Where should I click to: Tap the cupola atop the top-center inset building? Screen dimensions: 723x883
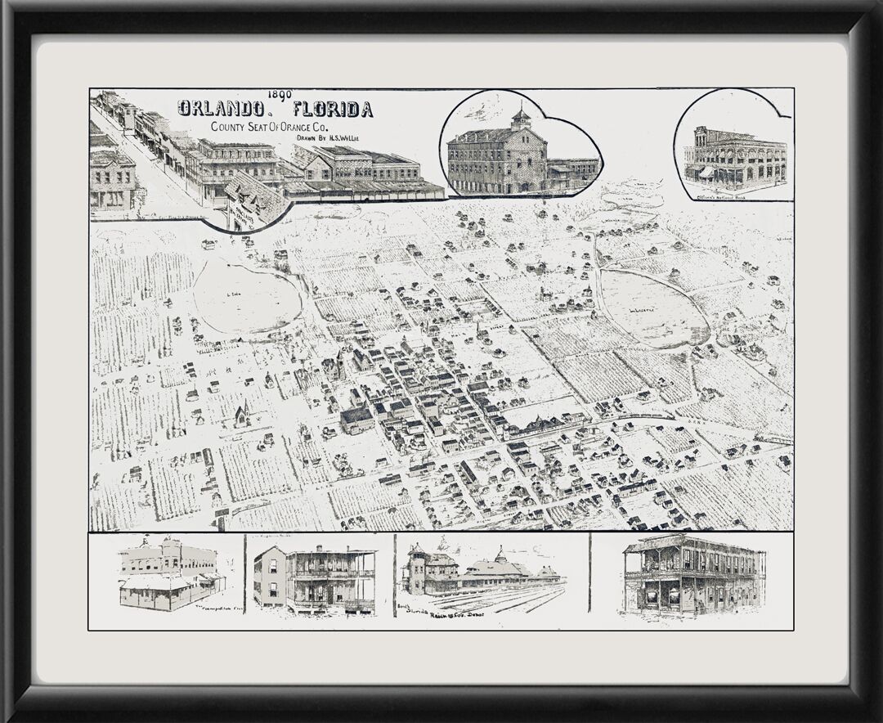pos(520,119)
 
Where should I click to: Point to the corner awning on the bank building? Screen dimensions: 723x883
pos(706,173)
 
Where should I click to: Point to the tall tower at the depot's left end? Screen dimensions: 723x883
pos(416,564)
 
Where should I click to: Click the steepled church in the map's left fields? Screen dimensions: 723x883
pos(241,415)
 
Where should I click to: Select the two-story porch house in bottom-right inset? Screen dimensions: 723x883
pos(693,574)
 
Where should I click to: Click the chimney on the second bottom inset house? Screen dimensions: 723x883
pos(318,550)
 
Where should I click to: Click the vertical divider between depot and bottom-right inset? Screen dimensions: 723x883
pos(589,573)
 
